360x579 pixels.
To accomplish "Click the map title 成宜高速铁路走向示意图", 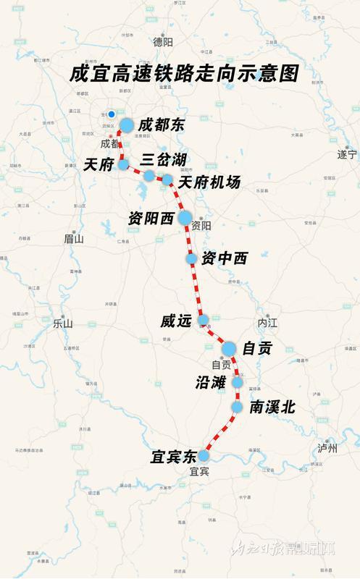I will pyautogui.click(x=185, y=75).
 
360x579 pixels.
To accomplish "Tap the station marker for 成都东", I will pyautogui.click(x=127, y=125).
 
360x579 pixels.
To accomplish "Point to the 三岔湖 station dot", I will pyautogui.click(x=149, y=176).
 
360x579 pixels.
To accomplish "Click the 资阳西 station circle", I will pyautogui.click(x=185, y=217).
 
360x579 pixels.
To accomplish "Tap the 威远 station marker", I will pyautogui.click(x=204, y=319).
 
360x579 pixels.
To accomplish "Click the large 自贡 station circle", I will pyautogui.click(x=229, y=349).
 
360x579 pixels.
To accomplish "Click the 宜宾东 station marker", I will pyautogui.click(x=204, y=456).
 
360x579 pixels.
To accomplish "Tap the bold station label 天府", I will pyautogui.click(x=98, y=165).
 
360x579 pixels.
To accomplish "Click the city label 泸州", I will pyautogui.click(x=328, y=448).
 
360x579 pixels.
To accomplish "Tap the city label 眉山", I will pyautogui.click(x=74, y=238).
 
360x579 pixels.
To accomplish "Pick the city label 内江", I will pyautogui.click(x=267, y=321).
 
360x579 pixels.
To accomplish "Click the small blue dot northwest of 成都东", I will pyautogui.click(x=112, y=114).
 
